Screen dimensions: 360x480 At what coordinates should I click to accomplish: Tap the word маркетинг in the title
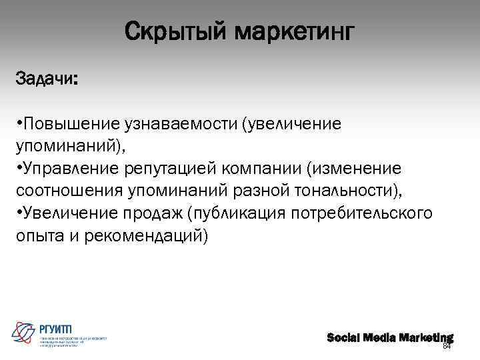coord(294,31)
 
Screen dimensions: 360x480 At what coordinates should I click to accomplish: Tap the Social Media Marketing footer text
coord(389,337)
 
